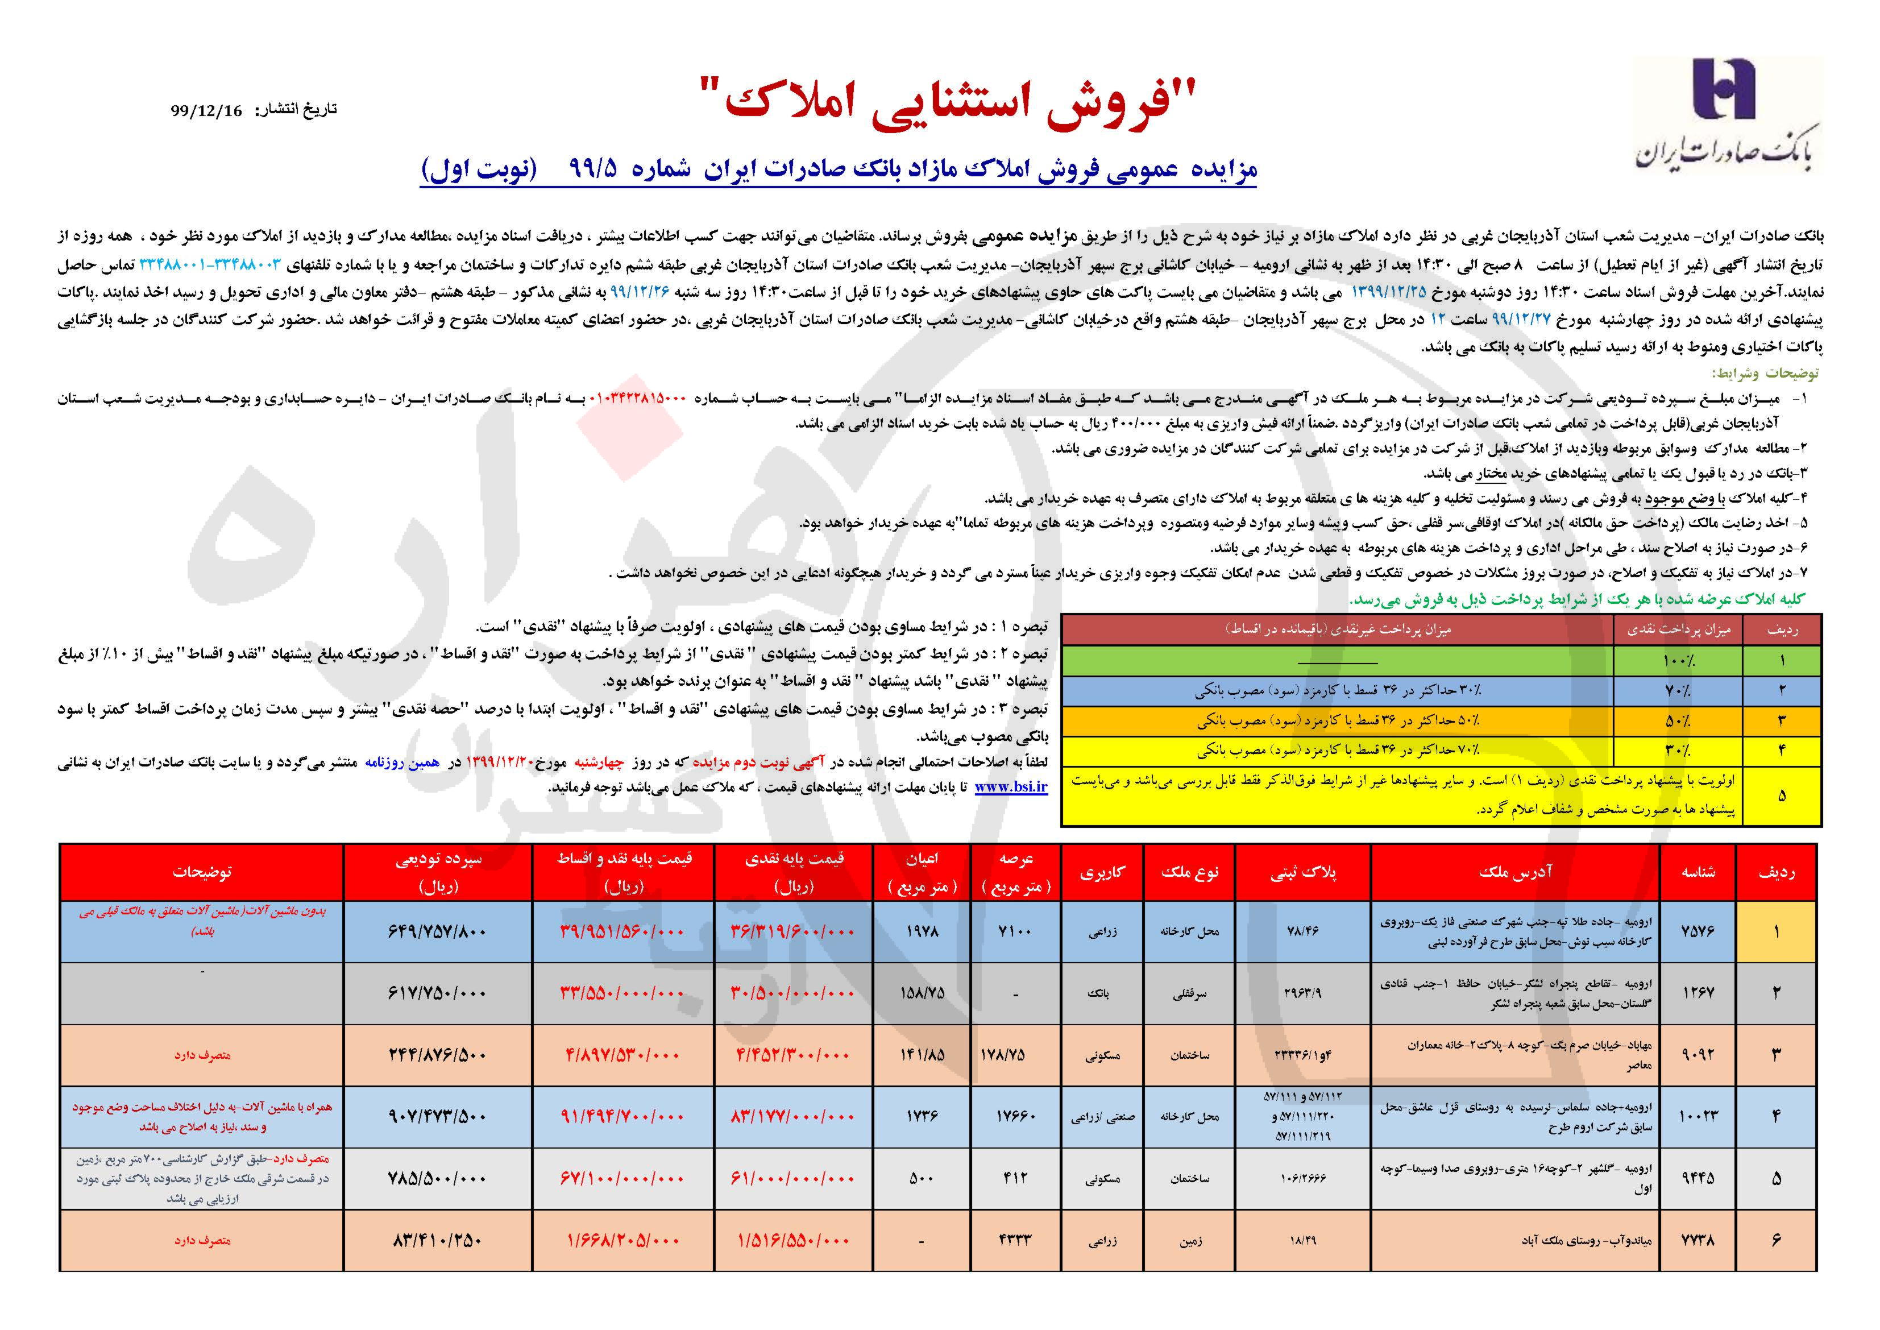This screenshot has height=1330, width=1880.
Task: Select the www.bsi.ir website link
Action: pyautogui.click(x=1011, y=786)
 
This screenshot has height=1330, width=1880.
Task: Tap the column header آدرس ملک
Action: pyautogui.click(x=1515, y=873)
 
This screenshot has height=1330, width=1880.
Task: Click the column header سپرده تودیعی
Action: pyautogui.click(x=438, y=872)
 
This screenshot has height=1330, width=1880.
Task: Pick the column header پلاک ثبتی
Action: pyautogui.click(x=1303, y=873)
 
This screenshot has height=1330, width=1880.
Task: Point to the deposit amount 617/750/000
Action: pyautogui.click(x=438, y=993)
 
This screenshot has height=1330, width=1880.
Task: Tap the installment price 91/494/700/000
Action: pyautogui.click(x=622, y=1116)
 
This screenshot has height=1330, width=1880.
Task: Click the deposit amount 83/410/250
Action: pyautogui.click(x=438, y=1240)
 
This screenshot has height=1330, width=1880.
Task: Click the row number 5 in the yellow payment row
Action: pyautogui.click(x=1781, y=795)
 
